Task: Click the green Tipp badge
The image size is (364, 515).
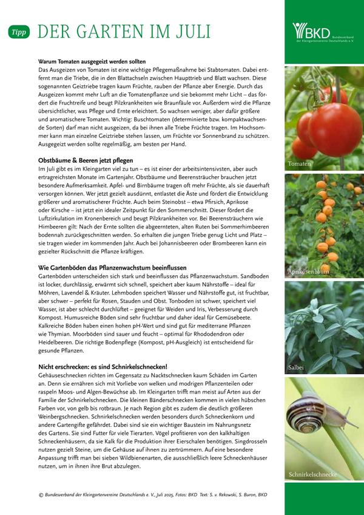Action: pyautogui.click(x=19, y=31)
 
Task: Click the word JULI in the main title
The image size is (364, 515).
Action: pyautogui.click(x=188, y=31)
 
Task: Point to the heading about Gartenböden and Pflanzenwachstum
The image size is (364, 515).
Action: pyautogui.click(x=113, y=268)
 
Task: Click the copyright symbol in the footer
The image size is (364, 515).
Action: pyautogui.click(x=40, y=494)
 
